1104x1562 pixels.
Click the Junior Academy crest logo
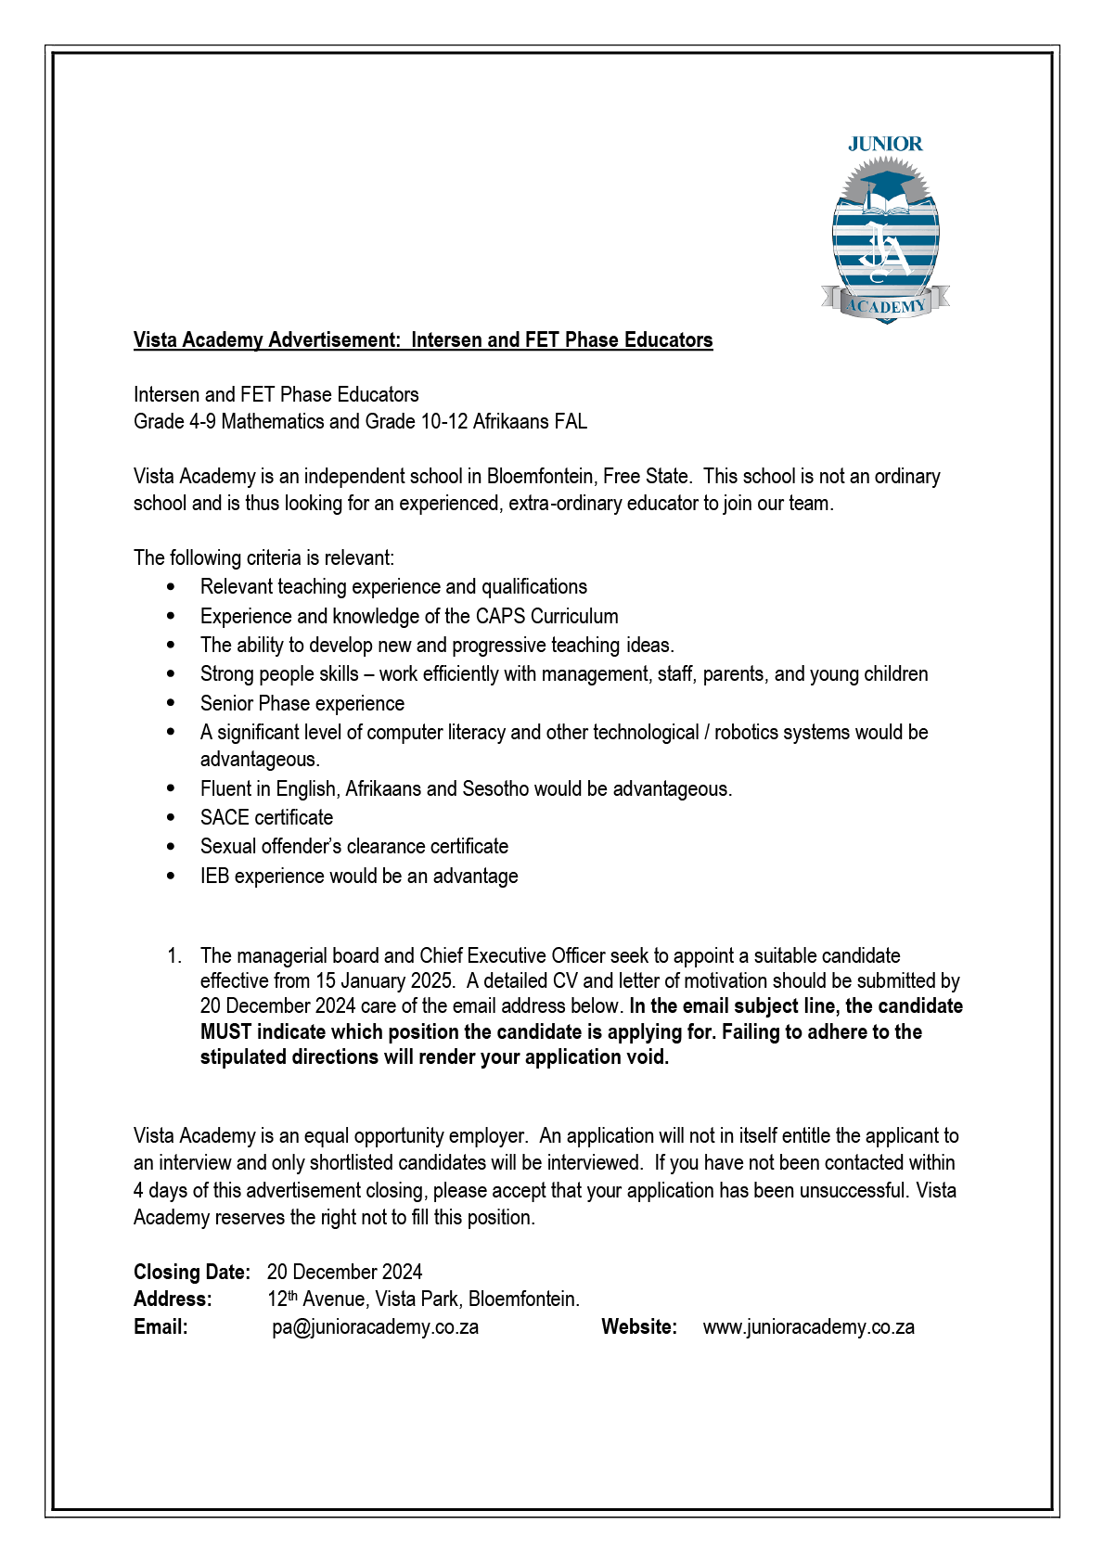tap(885, 241)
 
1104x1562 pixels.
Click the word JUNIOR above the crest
tap(885, 144)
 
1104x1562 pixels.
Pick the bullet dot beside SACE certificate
tap(172, 817)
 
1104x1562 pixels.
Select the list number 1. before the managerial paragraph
tap(174, 955)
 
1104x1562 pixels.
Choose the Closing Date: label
tap(192, 1272)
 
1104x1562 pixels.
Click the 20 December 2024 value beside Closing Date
tap(344, 1272)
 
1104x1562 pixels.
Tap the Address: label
tap(173, 1299)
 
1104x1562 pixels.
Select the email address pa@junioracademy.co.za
tap(376, 1326)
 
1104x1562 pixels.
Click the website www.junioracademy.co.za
tap(808, 1326)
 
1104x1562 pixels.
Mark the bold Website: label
tap(639, 1326)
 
